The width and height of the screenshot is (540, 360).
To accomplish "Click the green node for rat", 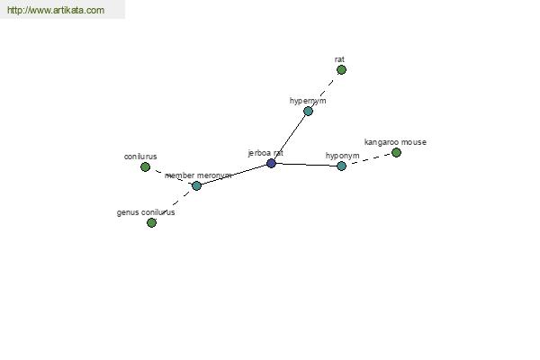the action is (341, 70).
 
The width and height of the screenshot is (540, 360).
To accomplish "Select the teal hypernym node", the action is (308, 111).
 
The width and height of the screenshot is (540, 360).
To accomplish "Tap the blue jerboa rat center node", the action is (272, 163).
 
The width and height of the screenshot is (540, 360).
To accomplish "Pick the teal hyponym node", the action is (341, 166).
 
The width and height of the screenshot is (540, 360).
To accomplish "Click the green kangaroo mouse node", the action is (396, 152).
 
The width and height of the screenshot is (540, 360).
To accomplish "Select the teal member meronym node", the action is (196, 185).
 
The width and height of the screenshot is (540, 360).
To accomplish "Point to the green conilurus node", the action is (145, 167).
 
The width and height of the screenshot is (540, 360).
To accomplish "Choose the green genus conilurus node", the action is (151, 222).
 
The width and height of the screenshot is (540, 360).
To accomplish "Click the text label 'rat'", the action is (339, 59).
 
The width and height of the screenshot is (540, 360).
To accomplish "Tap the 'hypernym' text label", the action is (308, 101).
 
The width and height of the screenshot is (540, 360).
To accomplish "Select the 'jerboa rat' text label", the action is (265, 153).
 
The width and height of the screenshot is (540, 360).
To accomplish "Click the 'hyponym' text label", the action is (343, 156).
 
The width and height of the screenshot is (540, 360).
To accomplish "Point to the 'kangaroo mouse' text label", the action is (395, 142).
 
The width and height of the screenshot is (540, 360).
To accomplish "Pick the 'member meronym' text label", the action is (198, 175).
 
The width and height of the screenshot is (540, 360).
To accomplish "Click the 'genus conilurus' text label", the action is (146, 212).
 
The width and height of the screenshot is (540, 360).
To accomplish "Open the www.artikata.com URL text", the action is (56, 10).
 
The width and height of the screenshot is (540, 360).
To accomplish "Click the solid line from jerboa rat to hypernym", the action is (290, 137).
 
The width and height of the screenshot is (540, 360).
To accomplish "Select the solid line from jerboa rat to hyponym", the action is (307, 165).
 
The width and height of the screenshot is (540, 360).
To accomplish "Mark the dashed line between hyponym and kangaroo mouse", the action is (369, 159).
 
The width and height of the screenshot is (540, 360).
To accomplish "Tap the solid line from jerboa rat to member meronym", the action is (234, 175).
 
